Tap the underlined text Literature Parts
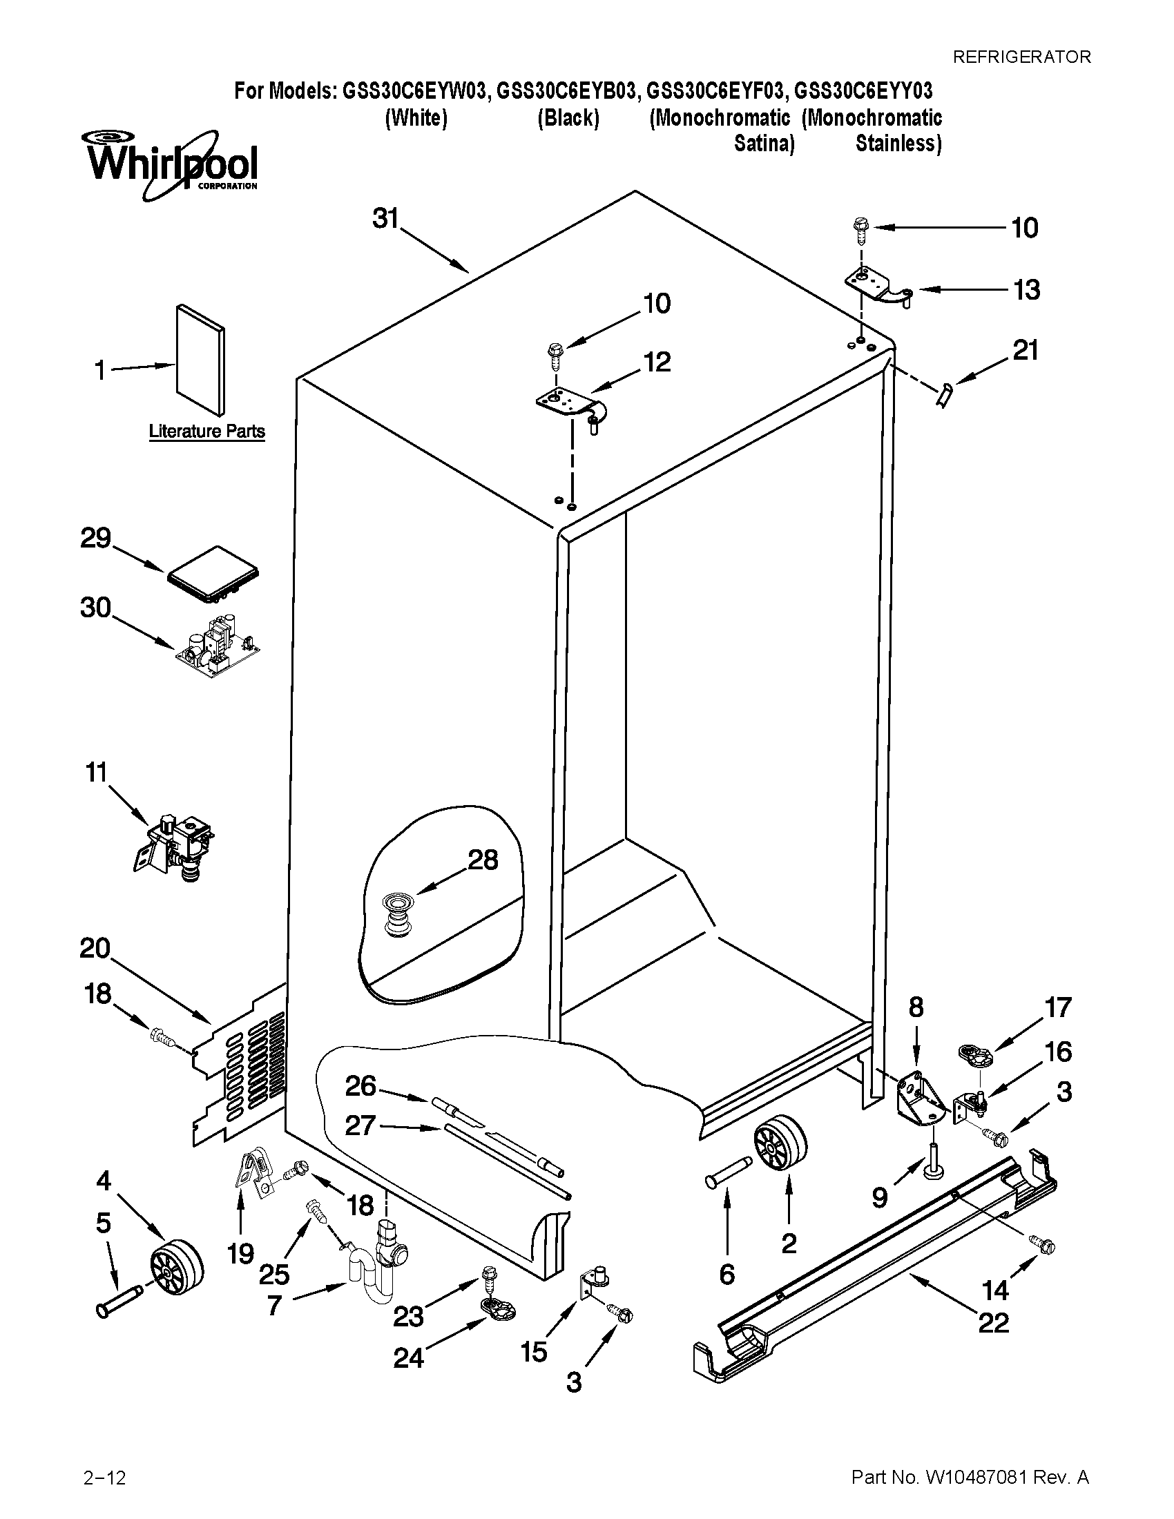(x=206, y=432)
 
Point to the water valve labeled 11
(x=176, y=845)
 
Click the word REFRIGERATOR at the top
(x=1021, y=57)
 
